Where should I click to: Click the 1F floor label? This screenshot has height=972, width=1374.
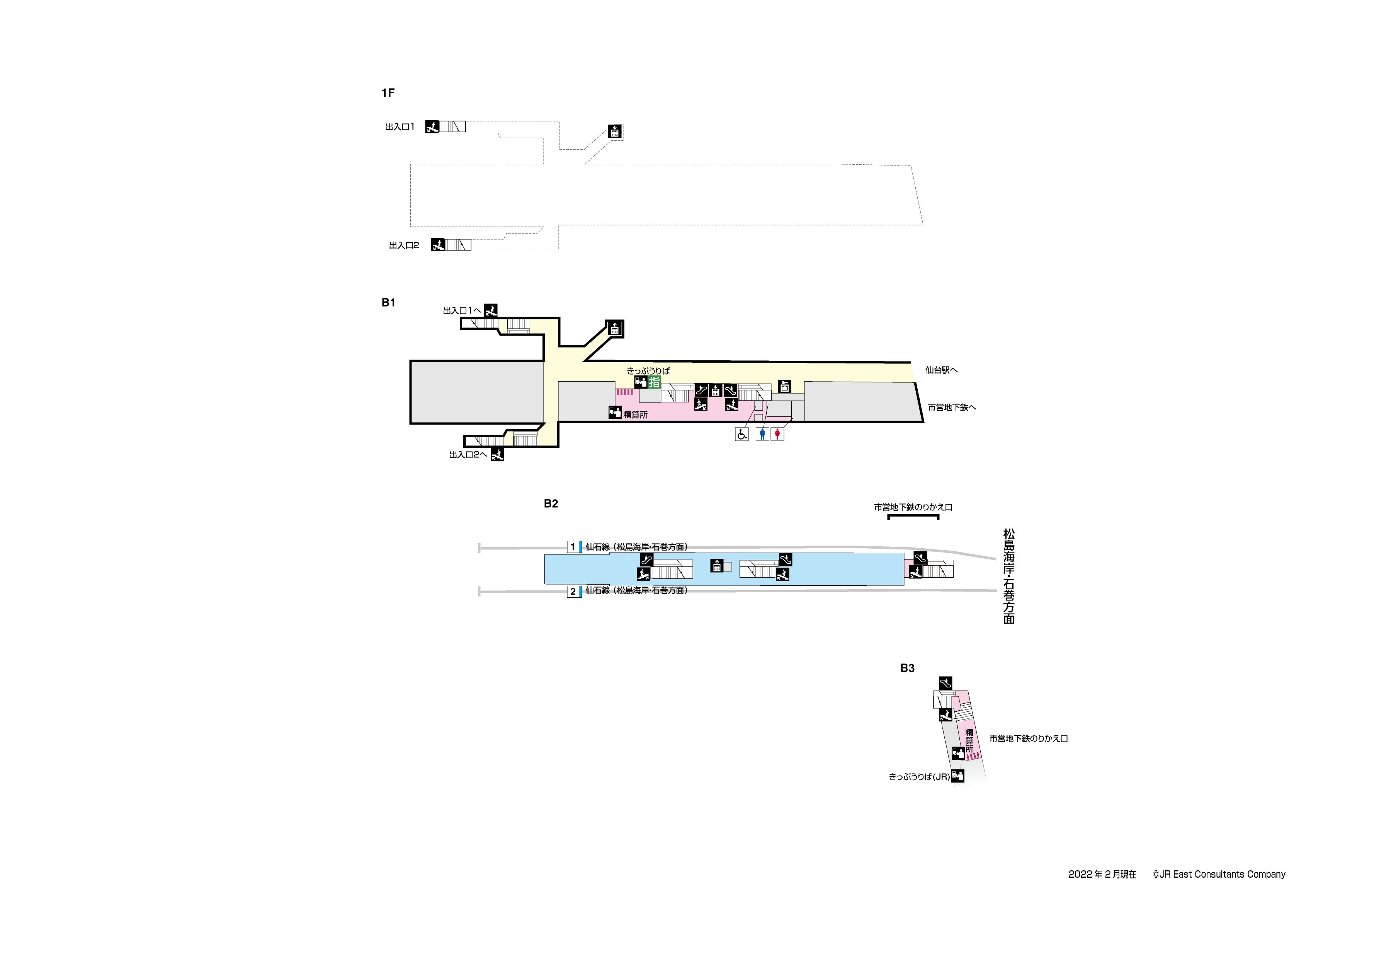[x=388, y=93]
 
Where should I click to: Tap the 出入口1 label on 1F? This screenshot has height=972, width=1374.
[x=400, y=127]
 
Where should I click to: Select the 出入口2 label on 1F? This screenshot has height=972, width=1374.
[x=404, y=246]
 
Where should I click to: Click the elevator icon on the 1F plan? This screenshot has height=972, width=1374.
[x=615, y=131]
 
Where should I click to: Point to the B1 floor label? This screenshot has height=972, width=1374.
[x=388, y=302]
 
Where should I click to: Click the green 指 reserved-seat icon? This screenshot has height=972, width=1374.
[x=654, y=382]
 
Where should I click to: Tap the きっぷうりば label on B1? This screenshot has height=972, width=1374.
[x=648, y=371]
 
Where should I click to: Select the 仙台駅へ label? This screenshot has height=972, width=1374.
[x=941, y=370]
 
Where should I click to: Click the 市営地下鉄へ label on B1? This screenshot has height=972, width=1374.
[x=952, y=407]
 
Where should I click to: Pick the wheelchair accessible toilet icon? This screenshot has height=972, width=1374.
[x=742, y=434]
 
